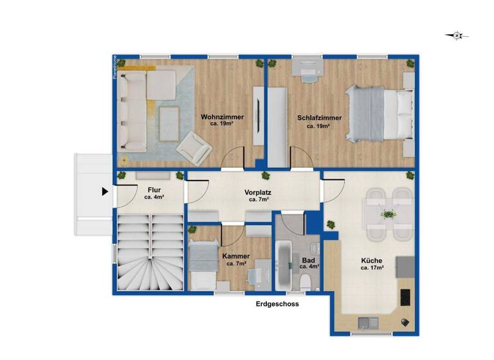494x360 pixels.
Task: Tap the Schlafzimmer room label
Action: click(319, 118)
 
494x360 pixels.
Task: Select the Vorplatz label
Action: click(257, 192)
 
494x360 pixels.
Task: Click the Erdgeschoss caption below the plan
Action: click(277, 304)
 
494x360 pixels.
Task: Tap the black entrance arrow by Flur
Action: click(105, 191)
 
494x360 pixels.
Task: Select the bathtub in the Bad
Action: click(284, 264)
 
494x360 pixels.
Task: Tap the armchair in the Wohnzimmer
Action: click(194, 147)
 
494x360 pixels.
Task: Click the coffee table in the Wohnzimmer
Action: click(169, 122)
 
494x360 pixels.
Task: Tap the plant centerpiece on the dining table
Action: click(387, 214)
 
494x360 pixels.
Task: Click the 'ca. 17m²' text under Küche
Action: click(372, 268)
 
